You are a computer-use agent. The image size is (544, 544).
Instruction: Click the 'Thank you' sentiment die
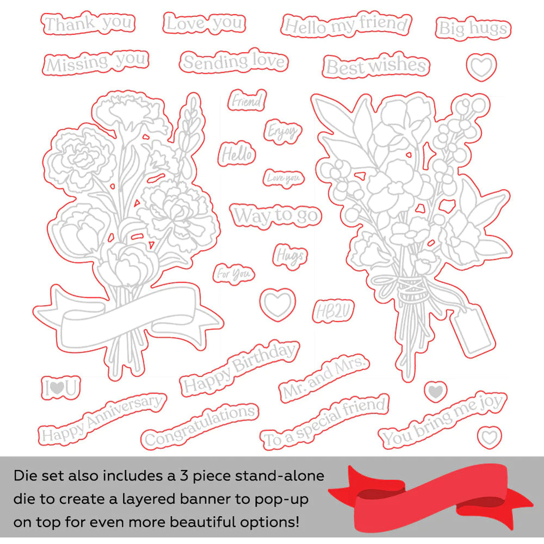88,23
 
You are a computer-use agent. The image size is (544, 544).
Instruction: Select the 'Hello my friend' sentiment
346,25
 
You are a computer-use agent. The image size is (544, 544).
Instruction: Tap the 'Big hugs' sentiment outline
473,28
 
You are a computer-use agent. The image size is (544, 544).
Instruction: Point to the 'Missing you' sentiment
96,62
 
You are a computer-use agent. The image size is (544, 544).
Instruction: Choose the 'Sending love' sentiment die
234,61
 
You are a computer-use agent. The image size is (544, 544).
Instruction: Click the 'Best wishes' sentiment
376,66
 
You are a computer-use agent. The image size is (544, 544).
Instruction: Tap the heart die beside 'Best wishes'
481,66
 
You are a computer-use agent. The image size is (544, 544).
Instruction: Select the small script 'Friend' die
247,101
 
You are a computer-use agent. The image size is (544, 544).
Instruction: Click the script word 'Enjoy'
282,132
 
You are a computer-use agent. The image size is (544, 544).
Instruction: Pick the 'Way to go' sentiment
276,215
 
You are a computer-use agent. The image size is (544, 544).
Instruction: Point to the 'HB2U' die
333,311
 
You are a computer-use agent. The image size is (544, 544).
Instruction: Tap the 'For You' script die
233,274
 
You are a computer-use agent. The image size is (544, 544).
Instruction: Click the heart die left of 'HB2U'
277,304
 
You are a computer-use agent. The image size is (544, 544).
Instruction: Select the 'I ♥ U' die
61,387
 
